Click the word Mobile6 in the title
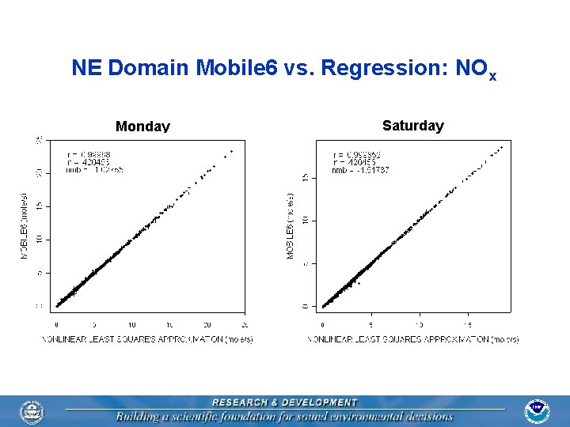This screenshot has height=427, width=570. [240, 68]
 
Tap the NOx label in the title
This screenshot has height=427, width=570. [474, 70]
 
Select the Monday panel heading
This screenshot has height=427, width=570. [142, 127]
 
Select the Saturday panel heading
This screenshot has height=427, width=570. [413, 126]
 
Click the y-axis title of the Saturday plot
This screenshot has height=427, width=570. [290, 226]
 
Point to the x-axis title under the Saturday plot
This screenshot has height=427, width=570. [413, 339]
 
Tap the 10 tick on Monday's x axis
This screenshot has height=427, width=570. [131, 324]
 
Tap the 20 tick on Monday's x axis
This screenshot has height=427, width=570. [207, 324]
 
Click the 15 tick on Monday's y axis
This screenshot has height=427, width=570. [40, 206]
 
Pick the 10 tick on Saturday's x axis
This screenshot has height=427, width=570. [420, 324]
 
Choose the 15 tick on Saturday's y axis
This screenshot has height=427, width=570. [306, 178]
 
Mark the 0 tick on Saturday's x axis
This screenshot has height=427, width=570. [322, 324]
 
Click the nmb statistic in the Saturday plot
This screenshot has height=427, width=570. [360, 170]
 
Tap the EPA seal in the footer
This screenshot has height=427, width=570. [32, 411]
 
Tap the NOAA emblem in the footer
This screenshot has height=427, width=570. [537, 410]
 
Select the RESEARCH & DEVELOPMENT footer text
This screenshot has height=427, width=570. [284, 402]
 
